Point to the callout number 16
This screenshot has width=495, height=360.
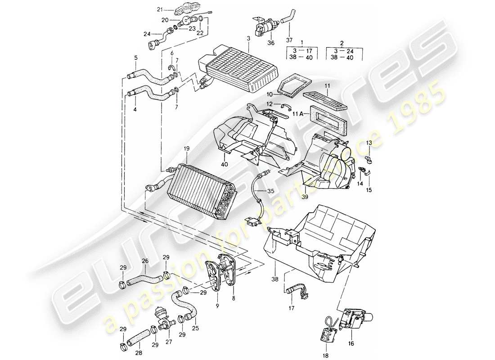tap(351, 343)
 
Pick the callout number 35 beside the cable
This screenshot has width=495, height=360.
tap(270, 191)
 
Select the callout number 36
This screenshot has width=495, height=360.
tap(270, 44)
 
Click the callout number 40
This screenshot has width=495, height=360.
tap(225, 164)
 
